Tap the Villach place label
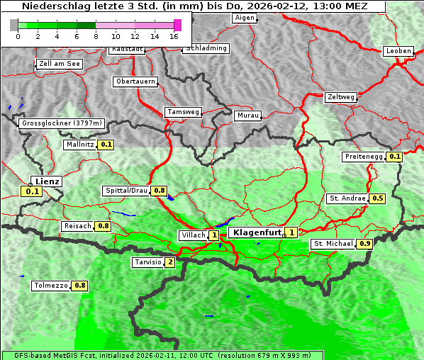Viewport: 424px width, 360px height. [193, 235]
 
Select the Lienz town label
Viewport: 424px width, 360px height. [48, 181]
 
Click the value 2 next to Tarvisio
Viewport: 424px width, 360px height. [169, 262]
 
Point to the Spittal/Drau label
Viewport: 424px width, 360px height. [126, 191]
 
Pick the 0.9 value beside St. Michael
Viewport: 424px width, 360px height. [365, 244]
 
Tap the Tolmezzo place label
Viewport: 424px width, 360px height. [51, 286]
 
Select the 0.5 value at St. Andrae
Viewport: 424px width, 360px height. [378, 198]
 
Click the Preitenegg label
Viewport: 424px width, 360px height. [364, 157]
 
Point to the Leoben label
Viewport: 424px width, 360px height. [398, 51]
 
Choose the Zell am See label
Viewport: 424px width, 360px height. [60, 64]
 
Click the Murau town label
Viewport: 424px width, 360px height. [248, 115]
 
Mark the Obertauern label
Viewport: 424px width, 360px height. [135, 81]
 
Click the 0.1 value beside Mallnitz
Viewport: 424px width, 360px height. [106, 145]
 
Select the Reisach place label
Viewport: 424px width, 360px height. [77, 226]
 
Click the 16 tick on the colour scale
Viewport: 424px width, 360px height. [174, 36]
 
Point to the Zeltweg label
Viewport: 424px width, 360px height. [341, 97]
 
